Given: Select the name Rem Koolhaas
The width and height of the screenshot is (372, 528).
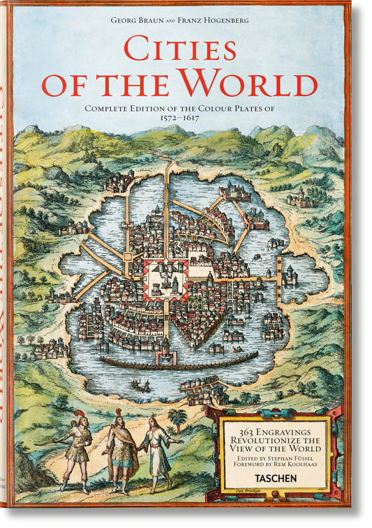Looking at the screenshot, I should point(298,465).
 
